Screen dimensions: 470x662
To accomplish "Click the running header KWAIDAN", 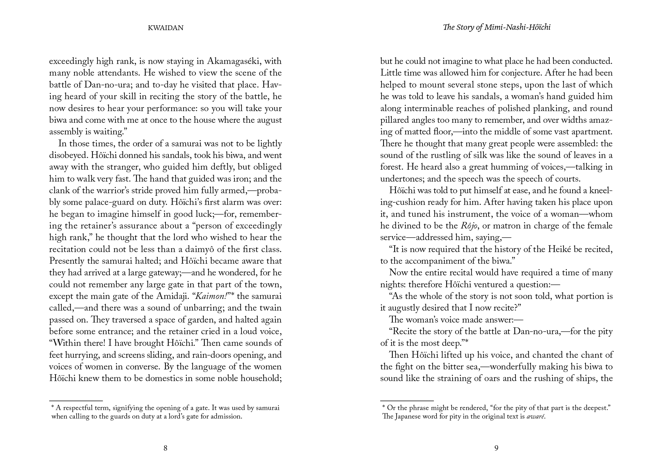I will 165,28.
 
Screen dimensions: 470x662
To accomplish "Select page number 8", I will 165,448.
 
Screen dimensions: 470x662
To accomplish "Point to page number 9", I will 496,448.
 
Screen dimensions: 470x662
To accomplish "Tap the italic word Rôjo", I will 469,226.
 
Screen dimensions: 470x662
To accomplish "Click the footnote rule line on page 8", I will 76,401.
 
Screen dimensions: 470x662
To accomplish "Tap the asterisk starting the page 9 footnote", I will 383,407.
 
